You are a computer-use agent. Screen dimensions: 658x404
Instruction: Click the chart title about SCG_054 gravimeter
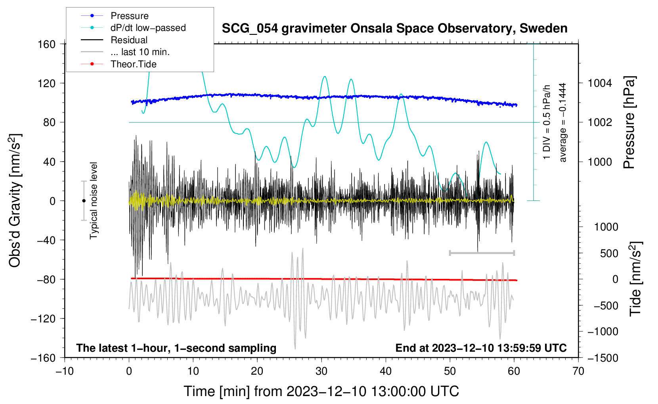pos(394,29)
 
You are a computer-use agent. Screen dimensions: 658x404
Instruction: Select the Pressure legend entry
pos(115,15)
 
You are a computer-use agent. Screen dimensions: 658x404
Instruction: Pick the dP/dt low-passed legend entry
pos(133,28)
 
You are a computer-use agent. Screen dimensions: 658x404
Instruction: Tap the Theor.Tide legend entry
pos(119,64)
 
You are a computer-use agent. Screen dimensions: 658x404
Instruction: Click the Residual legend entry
pos(114,40)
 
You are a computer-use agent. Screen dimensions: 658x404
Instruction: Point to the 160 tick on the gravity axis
pos(47,44)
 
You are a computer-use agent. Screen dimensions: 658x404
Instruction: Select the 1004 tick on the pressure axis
pos(600,83)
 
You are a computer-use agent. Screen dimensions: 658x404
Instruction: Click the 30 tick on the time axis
pos(321,372)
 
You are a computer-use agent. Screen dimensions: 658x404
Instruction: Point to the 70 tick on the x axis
pos(578,372)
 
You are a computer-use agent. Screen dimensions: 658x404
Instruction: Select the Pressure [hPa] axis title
pos(629,122)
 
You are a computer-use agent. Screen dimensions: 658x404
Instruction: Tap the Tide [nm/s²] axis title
pos(636,279)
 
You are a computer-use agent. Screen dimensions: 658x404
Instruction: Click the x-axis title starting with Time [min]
pos(321,391)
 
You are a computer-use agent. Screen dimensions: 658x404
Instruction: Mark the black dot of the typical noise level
pos(84,201)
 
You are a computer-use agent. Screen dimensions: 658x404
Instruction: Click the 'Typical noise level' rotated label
pos(94,201)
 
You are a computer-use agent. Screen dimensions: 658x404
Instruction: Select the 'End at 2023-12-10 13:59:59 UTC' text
pos(481,348)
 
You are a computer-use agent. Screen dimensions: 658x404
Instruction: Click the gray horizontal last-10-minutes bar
pos(482,253)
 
